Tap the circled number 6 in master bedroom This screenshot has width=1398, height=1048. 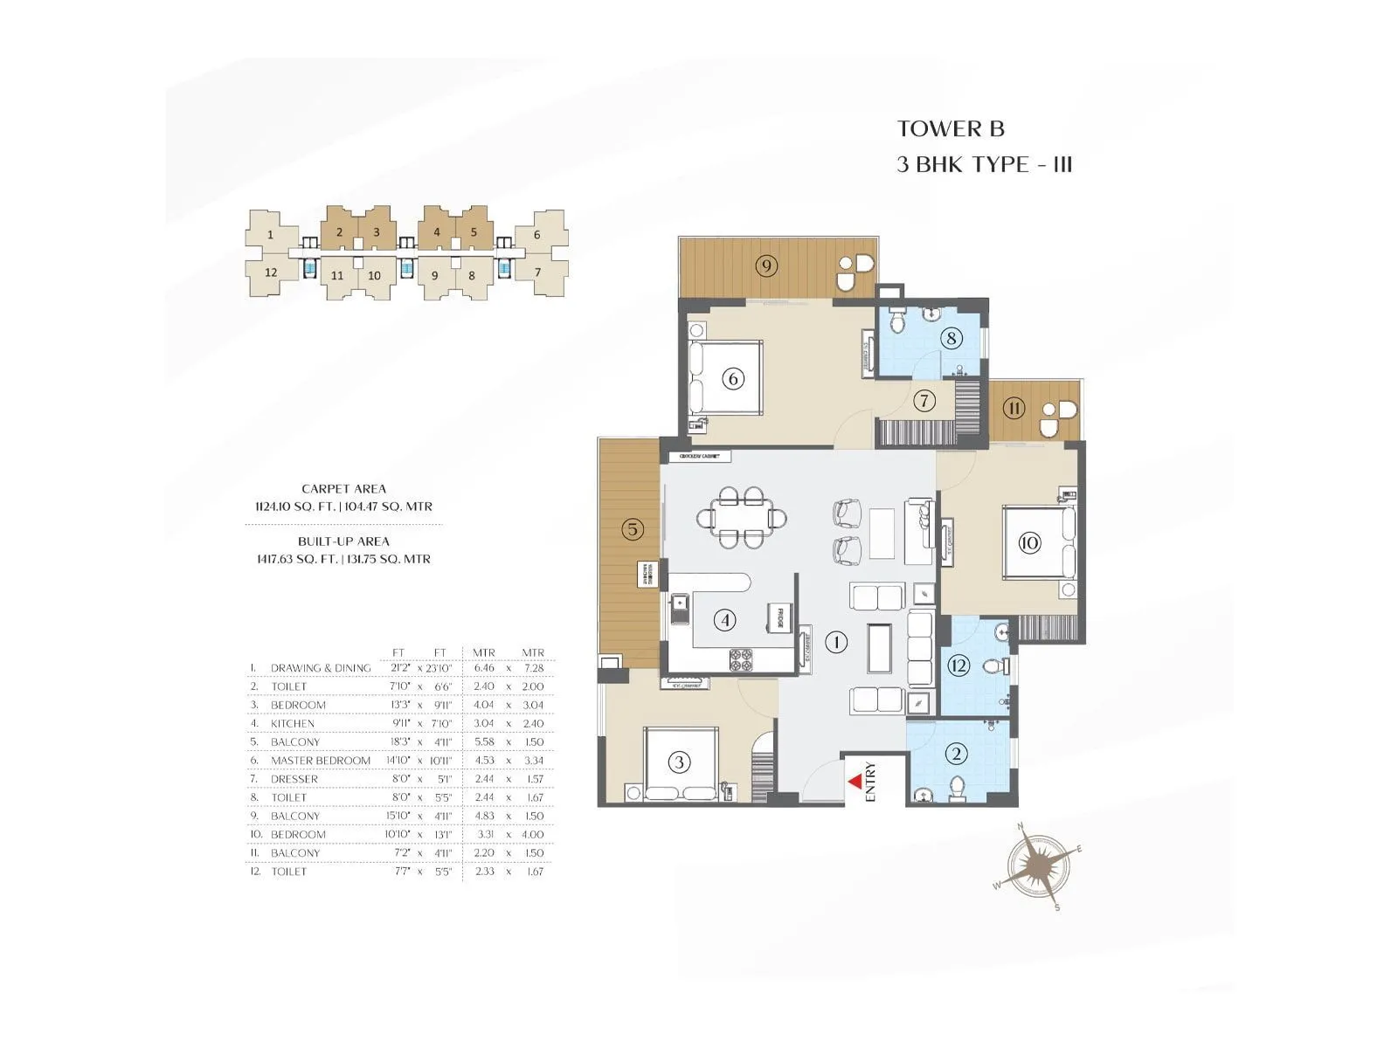(x=733, y=379)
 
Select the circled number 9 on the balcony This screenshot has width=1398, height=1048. (x=766, y=265)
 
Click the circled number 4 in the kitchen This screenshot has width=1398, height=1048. (x=724, y=620)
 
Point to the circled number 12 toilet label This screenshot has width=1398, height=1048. (x=959, y=665)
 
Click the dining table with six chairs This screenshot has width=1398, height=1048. (x=742, y=518)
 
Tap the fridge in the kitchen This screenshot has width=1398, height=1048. (x=776, y=617)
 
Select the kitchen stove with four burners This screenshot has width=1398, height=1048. (x=742, y=660)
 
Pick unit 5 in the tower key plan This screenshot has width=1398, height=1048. (x=474, y=232)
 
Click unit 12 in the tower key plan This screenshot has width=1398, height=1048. (x=271, y=272)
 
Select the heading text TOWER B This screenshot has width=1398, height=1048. (x=951, y=128)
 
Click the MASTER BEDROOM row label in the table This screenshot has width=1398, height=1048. (x=321, y=761)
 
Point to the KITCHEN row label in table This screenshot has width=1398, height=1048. (x=293, y=724)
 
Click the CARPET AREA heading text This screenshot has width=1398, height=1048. (x=343, y=489)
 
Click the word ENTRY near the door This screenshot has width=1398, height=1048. (x=870, y=783)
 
